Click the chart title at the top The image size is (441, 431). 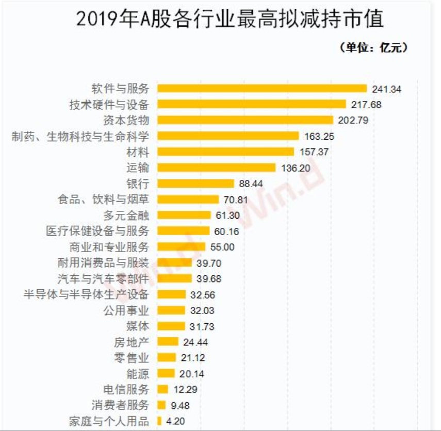pyautogui.click(x=230, y=19)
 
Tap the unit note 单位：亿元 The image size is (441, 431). pyautogui.click(x=373, y=48)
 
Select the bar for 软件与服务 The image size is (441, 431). pyautogui.click(x=262, y=89)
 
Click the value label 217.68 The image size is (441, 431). pyautogui.click(x=365, y=105)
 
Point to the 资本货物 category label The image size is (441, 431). pyautogui.click(x=126, y=120)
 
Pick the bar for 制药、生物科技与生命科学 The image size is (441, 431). pyautogui.click(x=228, y=136)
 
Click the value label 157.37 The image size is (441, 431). pyautogui.click(x=314, y=152)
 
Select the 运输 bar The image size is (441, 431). pyautogui.click(x=216, y=168)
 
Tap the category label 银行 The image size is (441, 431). pyautogui.click(x=138, y=184)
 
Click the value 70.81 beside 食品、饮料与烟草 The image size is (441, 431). pyautogui.click(x=238, y=200)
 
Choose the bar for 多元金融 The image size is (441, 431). pyautogui.click(x=184, y=215)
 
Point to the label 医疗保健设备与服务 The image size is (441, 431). pyautogui.click(x=97, y=231)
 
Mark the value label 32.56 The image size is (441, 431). pyautogui.click(x=202, y=295)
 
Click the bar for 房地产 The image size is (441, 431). pyautogui.click(x=168, y=342)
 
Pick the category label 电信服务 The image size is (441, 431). pyautogui.click(x=126, y=389)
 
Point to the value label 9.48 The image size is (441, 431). pyautogui.click(x=180, y=405)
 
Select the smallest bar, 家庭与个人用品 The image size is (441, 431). pyautogui.click(x=160, y=421)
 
